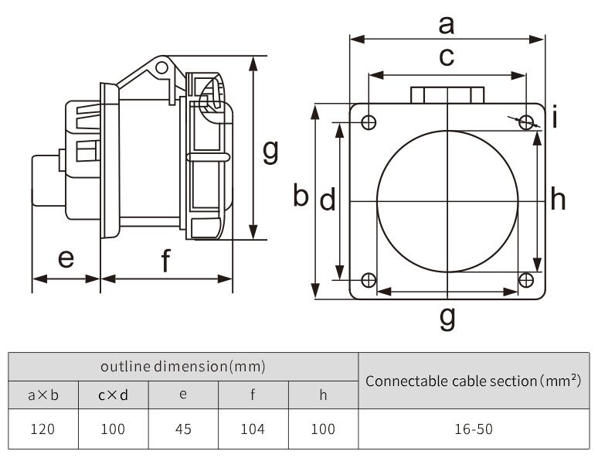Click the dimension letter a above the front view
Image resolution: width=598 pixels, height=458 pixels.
point(447,26)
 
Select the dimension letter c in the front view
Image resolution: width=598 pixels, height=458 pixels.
point(447,57)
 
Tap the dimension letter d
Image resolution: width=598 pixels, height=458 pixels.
point(328,200)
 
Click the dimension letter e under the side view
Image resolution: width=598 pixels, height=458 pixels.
point(66,258)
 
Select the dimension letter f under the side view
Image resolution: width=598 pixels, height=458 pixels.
point(166,262)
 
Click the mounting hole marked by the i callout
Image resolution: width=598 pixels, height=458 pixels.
point(527,122)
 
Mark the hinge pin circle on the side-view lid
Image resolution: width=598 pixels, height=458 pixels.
point(161,68)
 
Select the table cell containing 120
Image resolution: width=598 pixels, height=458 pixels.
point(42,429)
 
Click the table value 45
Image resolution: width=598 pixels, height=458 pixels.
point(183,429)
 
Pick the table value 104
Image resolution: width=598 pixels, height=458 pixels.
point(253,429)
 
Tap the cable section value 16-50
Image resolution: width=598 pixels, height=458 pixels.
point(473,429)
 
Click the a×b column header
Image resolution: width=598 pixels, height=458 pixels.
point(42,395)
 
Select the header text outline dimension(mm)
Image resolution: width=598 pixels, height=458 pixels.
point(183,366)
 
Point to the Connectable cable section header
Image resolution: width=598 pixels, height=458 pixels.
point(473,380)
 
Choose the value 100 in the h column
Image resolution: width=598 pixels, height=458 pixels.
point(323,429)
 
